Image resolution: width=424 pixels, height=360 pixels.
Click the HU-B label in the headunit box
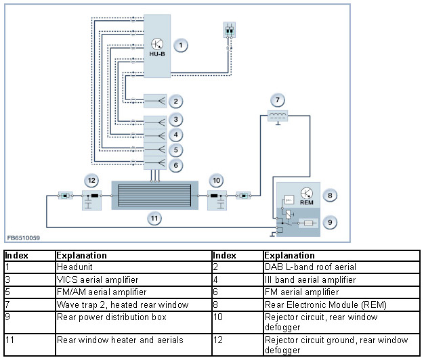click(x=157, y=54)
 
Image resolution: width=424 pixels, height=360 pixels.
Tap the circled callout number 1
click(x=181, y=45)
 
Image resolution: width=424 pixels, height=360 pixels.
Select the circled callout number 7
click(x=278, y=100)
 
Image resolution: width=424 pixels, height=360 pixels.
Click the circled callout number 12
click(x=91, y=181)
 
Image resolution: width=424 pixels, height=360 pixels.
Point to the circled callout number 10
click(x=216, y=181)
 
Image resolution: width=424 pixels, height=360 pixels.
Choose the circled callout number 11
click(x=154, y=218)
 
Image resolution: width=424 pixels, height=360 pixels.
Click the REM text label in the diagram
click(x=306, y=202)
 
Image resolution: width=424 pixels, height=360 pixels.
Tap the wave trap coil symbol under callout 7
click(x=278, y=116)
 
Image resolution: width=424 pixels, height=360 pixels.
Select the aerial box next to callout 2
click(x=155, y=102)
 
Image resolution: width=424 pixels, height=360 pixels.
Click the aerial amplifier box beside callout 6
click(x=155, y=163)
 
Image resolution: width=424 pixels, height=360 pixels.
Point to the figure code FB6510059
click(x=24, y=238)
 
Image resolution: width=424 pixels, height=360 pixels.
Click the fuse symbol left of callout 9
click(x=309, y=223)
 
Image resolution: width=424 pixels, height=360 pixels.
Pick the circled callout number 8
click(x=330, y=196)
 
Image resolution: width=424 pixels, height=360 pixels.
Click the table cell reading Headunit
click(x=133, y=267)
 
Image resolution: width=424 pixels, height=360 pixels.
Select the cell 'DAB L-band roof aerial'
click(x=341, y=267)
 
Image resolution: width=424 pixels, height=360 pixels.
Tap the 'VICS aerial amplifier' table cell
click(x=133, y=279)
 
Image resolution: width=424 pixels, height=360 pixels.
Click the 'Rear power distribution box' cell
click(x=133, y=322)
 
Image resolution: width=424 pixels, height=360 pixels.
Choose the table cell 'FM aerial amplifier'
click(x=341, y=292)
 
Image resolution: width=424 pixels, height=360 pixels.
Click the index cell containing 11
click(x=30, y=345)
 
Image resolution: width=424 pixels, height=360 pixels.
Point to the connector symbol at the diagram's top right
click(x=230, y=30)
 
